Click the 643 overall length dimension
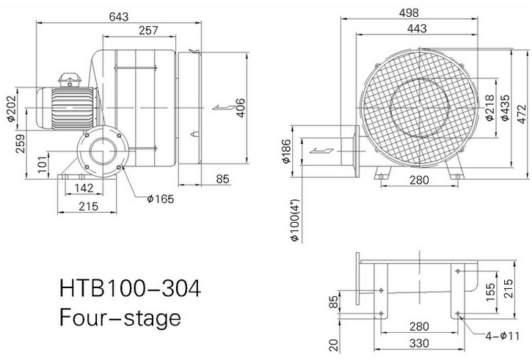pos(119,17)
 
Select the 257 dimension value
pos(148,31)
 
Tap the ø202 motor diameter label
pos(11,108)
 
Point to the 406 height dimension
pos(240,108)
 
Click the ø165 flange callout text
pos(160,199)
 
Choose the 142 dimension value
pos(84,188)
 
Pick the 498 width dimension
pos(409,13)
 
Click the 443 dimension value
pos(417,29)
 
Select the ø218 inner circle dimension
pos(489,108)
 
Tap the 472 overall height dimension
pos(523,114)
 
